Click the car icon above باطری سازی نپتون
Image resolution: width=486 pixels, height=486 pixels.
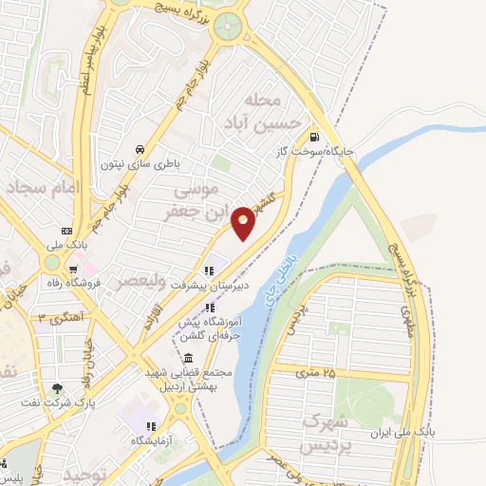(140, 149)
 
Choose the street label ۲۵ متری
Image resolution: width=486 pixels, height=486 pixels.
(317, 372)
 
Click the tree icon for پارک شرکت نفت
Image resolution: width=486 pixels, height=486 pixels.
(58, 387)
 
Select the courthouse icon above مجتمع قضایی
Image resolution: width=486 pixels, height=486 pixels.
(187, 360)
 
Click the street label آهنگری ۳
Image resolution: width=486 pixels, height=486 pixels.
(63, 316)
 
